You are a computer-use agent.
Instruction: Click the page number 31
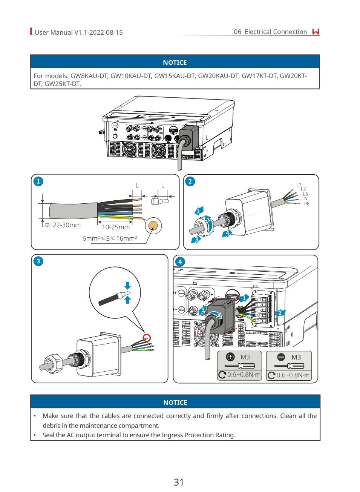[x=179, y=482]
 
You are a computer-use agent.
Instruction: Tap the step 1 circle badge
[x=38, y=181]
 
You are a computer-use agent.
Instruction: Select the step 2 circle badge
[x=190, y=181]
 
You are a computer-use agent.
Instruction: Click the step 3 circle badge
[x=38, y=261]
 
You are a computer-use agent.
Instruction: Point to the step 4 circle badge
[x=180, y=261]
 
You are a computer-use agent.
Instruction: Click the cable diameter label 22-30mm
[x=63, y=225]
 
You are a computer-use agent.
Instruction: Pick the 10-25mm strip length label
[x=116, y=227]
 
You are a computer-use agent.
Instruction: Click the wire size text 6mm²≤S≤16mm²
[x=109, y=238]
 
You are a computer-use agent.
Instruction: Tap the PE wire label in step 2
[x=306, y=204]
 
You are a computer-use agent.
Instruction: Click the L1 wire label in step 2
[x=299, y=184]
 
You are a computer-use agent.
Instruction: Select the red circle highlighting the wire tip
[x=147, y=338]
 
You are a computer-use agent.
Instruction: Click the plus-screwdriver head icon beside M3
[x=230, y=357]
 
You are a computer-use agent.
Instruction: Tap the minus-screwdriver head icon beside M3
[x=281, y=357]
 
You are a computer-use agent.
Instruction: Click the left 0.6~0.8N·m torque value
[x=244, y=375]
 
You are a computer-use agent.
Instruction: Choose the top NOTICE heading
[x=175, y=63]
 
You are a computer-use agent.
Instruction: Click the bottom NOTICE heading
[x=175, y=403]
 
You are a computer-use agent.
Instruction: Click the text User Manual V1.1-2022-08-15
[x=79, y=32]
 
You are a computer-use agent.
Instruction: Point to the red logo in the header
[x=316, y=32]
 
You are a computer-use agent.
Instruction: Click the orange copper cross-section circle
[x=153, y=226]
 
